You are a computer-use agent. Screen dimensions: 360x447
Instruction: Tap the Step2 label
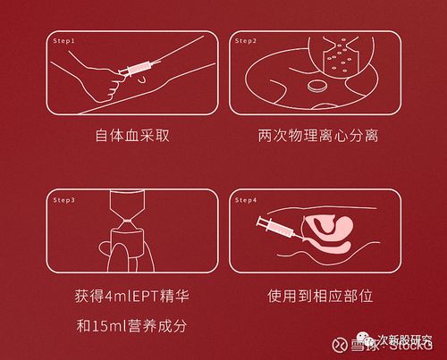coord(246,41)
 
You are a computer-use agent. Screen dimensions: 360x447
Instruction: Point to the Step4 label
coord(246,200)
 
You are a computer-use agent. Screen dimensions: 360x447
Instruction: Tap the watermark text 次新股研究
coord(406,339)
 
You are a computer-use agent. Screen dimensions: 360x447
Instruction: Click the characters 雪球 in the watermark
coord(363,346)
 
